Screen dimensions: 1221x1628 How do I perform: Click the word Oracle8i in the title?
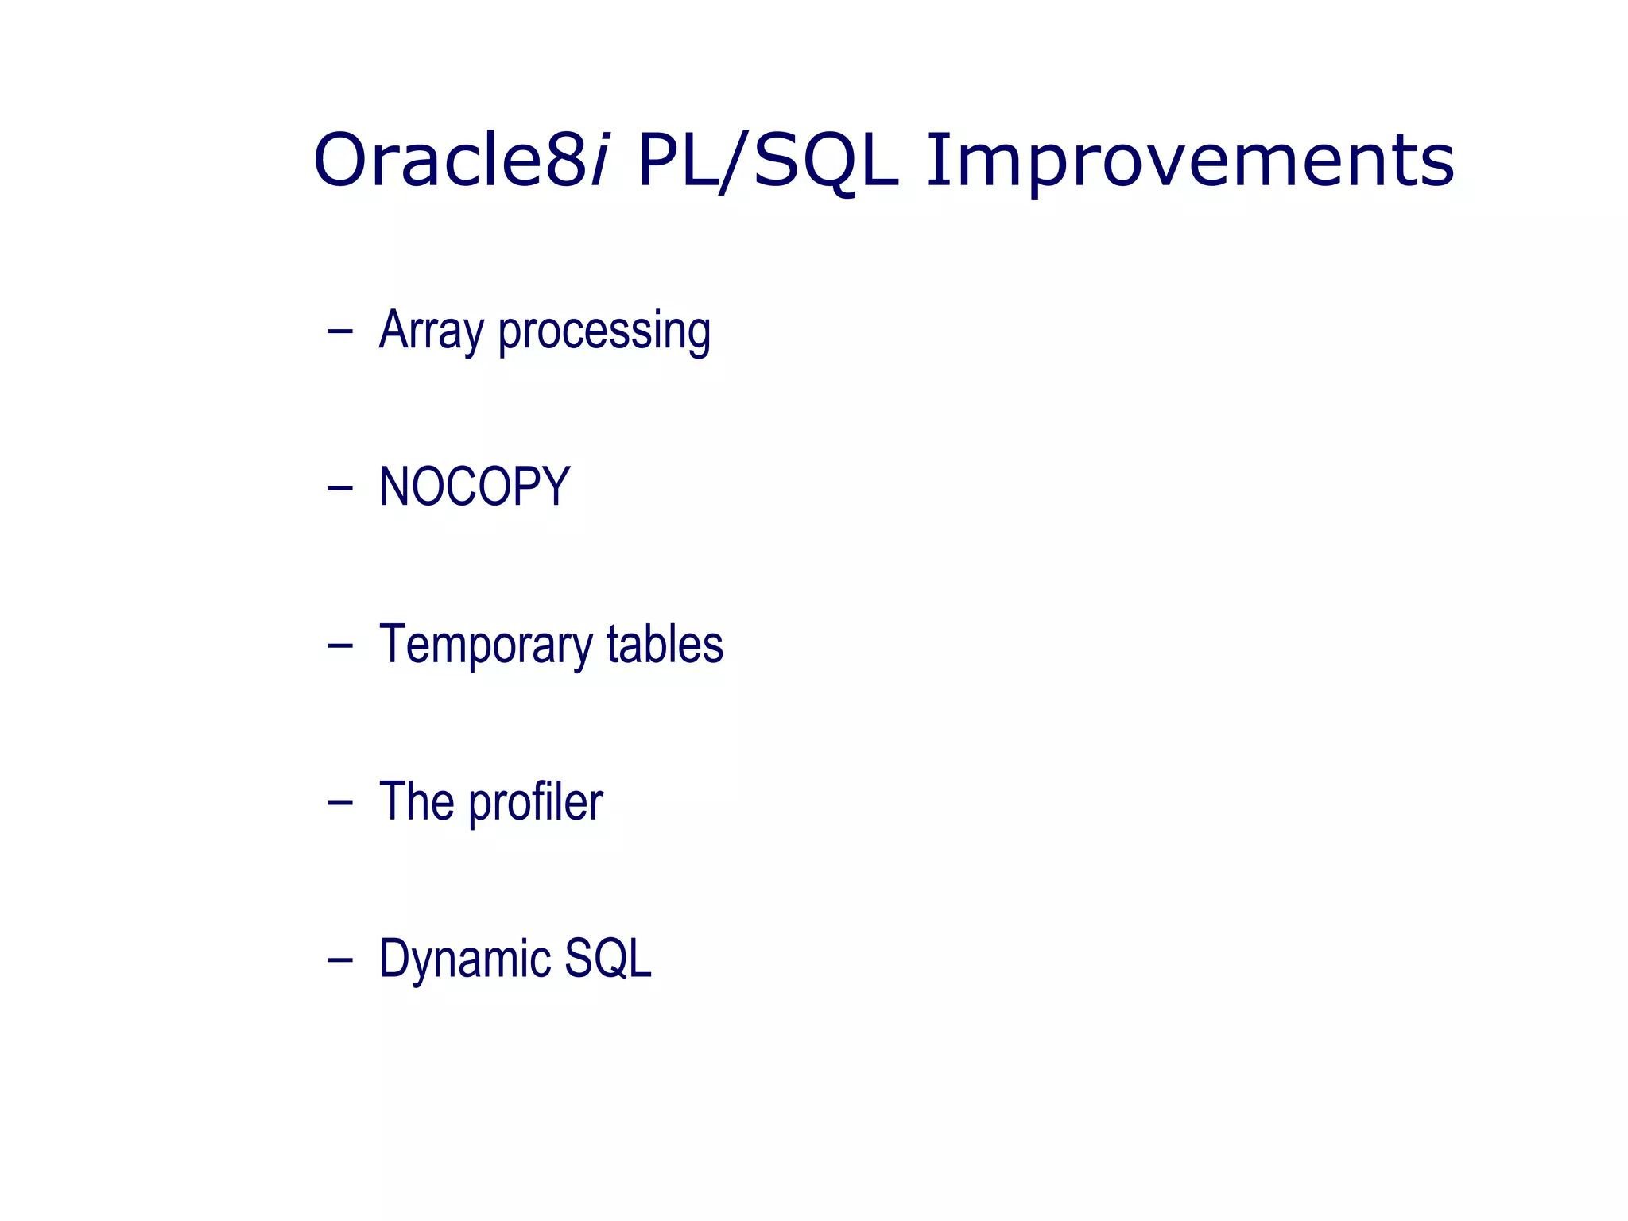(461, 161)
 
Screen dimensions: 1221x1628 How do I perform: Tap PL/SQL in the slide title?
(768, 161)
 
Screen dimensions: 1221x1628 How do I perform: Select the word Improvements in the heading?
(1190, 161)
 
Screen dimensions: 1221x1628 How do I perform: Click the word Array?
(431, 331)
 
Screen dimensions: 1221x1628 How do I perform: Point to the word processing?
(604, 331)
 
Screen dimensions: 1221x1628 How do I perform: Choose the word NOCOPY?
(475, 486)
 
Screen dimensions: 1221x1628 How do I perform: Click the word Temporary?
(486, 645)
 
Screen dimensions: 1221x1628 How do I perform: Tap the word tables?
(665, 644)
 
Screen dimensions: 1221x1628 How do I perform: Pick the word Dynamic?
(464, 959)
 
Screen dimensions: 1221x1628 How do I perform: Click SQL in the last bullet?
(608, 959)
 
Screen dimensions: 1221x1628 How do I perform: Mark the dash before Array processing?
(339, 331)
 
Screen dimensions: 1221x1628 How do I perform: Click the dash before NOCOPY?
(339, 488)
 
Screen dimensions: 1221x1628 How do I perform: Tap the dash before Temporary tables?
(339, 645)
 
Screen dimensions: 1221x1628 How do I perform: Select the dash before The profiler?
(339, 803)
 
